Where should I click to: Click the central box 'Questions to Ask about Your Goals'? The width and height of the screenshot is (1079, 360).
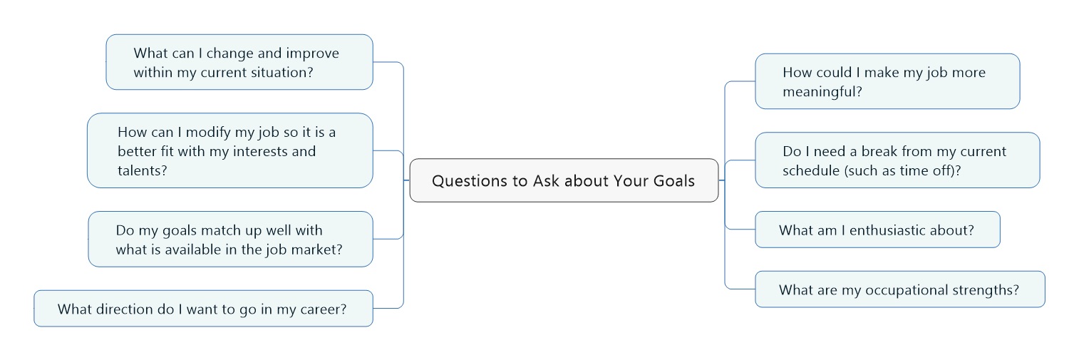click(564, 180)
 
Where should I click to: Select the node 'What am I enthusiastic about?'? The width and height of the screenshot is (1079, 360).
click(877, 230)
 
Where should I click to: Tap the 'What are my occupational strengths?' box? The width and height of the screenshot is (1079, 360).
click(900, 289)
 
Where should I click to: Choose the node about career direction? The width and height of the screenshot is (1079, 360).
click(203, 309)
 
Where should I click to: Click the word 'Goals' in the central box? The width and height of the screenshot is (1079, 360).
click(673, 181)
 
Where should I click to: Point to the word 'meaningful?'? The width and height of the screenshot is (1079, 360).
click(822, 91)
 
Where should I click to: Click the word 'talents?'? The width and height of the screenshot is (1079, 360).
click(142, 170)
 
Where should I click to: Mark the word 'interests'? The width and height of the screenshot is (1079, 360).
click(260, 151)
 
